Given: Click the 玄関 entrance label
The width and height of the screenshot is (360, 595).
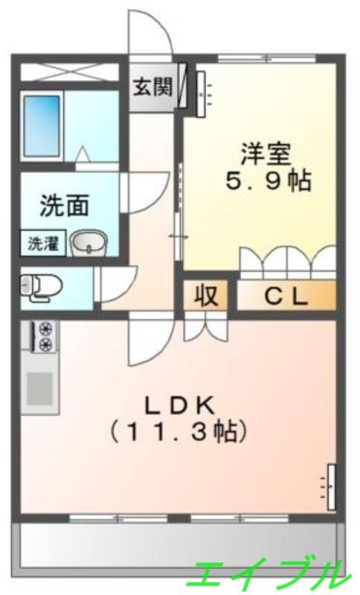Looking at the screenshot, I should point(152,87).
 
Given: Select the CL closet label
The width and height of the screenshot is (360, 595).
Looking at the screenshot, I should point(286,297).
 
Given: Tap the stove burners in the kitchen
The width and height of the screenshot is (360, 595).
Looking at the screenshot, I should point(45,336).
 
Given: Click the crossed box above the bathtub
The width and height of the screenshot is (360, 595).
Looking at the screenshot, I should point(68,72).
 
